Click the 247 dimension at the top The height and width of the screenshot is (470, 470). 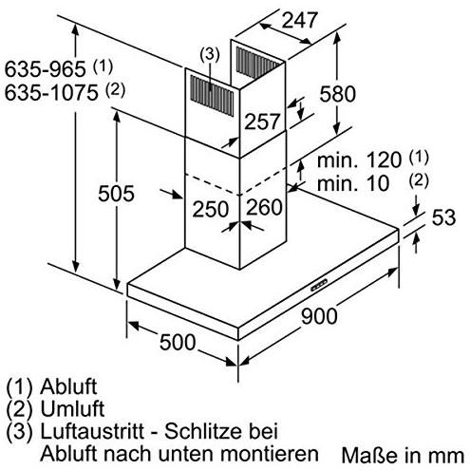pos(299,20)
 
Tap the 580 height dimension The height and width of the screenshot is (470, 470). pos(337,94)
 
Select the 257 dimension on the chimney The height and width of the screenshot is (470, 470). pos(262,122)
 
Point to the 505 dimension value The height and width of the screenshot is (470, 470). pos(116,194)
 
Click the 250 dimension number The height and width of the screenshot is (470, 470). pos(211,209)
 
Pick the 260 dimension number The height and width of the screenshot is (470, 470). pos(264,207)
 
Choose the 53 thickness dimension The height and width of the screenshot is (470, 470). pos(443,217)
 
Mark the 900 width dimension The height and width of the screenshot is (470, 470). pos(319,316)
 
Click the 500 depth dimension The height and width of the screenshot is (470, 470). pos(178,342)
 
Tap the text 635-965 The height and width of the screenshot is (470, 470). pos(46,68)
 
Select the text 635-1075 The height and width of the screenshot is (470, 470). pos(51,93)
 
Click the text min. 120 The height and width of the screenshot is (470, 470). pos(359,160)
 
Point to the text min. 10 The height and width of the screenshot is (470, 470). pos(353,183)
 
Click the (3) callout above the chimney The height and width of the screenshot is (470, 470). pos(209,54)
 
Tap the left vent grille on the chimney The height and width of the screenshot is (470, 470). pos(212,95)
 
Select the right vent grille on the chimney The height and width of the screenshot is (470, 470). pos(257,63)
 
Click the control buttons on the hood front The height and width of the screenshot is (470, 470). pos(319,285)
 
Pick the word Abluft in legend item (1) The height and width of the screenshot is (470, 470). pos(68,386)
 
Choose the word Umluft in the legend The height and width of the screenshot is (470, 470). pos(72,408)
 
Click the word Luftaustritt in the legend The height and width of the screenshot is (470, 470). pos(92,431)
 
